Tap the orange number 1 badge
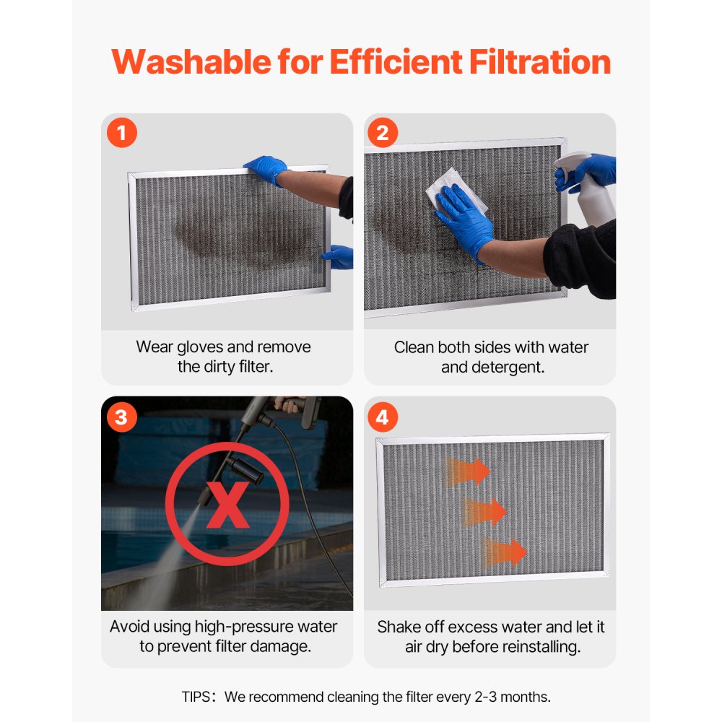pyautogui.click(x=122, y=134)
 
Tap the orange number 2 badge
pyautogui.click(x=383, y=134)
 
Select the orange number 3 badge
pyautogui.click(x=122, y=417)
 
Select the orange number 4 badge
pyautogui.click(x=383, y=417)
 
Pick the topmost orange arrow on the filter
pyautogui.click(x=469, y=471)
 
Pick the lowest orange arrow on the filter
pyautogui.click(x=506, y=552)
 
